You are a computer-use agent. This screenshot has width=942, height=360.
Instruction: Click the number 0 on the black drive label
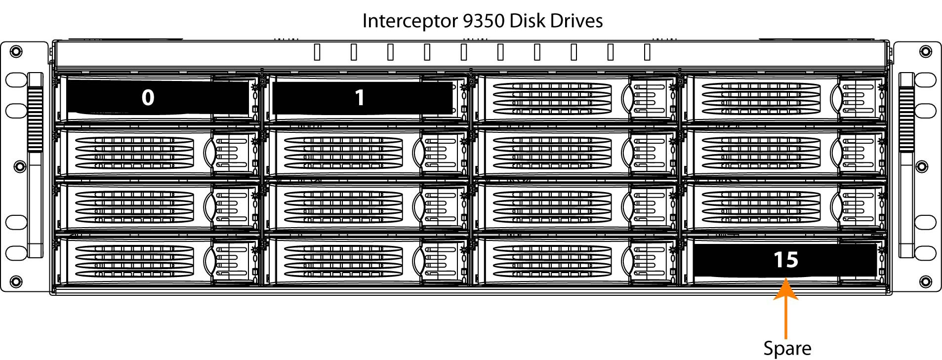[148, 98]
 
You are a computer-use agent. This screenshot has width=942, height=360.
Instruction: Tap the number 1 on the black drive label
[360, 98]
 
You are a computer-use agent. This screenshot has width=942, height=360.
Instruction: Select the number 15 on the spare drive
[785, 260]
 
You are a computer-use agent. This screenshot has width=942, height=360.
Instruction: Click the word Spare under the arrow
[787, 348]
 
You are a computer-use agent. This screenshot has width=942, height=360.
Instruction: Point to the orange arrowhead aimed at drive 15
[785, 289]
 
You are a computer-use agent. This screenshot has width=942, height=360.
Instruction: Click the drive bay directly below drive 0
[157, 153]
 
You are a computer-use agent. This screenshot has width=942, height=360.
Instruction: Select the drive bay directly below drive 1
[366, 153]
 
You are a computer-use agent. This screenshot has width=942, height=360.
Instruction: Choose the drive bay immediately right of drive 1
[575, 98]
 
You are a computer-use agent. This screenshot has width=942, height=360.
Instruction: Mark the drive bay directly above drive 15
[784, 205]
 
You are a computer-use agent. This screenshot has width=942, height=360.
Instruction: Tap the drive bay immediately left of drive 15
[575, 260]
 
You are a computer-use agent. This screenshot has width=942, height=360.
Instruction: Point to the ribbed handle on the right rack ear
[906, 119]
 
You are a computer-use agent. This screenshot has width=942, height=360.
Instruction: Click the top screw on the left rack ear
[16, 50]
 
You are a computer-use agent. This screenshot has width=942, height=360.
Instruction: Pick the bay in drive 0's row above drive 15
[784, 98]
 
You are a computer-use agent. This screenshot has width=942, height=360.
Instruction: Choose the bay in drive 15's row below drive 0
[157, 260]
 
